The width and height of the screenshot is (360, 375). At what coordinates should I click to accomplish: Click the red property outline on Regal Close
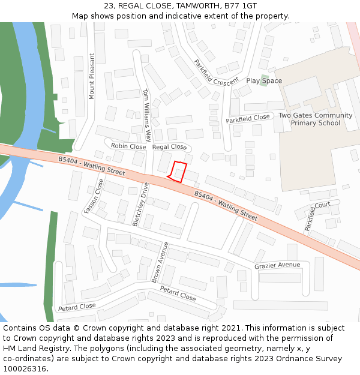tap(177, 172)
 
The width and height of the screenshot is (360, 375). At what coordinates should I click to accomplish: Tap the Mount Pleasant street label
tap(92, 76)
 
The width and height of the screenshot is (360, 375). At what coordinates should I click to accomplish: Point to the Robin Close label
tap(128, 146)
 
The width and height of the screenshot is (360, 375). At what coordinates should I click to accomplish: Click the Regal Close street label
tap(169, 147)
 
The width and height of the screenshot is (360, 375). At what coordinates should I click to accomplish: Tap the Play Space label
tap(264, 81)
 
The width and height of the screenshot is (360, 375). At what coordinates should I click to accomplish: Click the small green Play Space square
tap(263, 80)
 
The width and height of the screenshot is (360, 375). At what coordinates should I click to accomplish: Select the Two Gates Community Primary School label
tap(316, 119)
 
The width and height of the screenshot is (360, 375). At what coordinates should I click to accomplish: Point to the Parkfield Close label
tap(248, 119)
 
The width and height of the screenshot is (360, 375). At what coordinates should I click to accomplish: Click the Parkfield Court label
tap(317, 216)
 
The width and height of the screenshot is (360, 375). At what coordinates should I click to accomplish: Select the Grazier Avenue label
tap(277, 265)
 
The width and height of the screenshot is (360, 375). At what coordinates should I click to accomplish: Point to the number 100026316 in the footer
tap(24, 368)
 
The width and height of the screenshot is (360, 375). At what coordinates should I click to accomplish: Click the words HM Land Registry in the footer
tap(31, 348)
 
